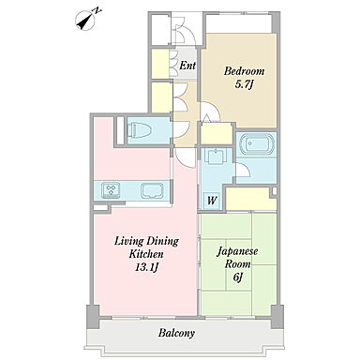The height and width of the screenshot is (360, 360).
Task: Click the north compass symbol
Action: point(86,21)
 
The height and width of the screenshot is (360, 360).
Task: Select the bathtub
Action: point(256,144)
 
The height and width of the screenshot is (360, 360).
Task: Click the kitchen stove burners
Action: point(111,190)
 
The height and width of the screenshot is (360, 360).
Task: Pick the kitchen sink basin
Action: point(152,190)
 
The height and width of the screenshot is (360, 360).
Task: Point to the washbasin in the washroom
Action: point(215,156)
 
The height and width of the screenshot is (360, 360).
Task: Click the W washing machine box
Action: point(212,201)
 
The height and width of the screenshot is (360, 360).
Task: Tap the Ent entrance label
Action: point(187,66)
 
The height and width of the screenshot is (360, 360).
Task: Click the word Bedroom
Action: point(245,71)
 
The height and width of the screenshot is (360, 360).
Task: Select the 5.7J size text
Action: point(244,84)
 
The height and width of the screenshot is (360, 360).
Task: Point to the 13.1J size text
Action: point(146,267)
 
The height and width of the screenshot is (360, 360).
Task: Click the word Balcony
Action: point(176,333)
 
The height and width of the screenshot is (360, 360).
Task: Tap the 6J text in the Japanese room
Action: point(238,277)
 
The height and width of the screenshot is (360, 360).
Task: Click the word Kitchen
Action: point(146,254)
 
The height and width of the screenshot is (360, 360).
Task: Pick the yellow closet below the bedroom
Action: point(217,134)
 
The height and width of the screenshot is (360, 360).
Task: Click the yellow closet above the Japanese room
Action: point(248,199)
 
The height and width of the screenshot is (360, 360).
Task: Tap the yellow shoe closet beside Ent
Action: point(160,64)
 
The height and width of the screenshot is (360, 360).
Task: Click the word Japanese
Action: point(237,251)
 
